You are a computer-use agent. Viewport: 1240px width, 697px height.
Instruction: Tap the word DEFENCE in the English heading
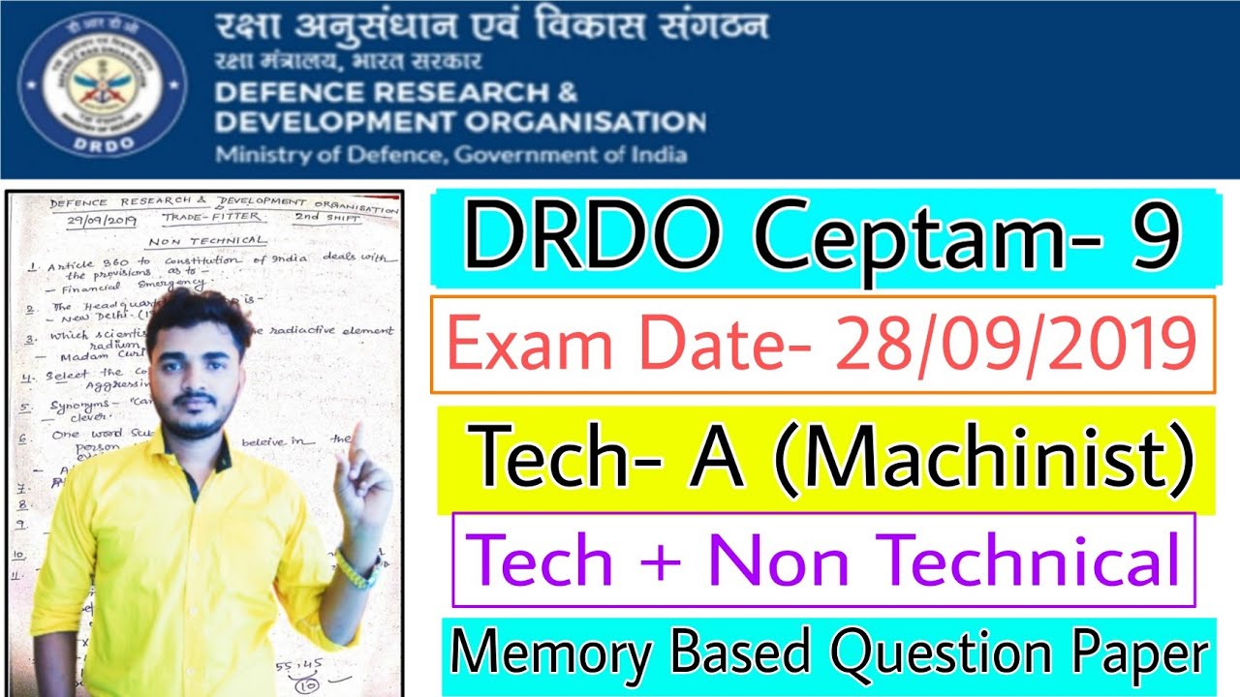pyautogui.click(x=279, y=93)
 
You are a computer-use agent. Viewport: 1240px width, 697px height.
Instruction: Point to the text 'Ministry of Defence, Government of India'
pyautogui.click(x=450, y=155)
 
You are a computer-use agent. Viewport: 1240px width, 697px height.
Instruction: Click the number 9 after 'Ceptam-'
pyautogui.click(x=1152, y=238)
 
